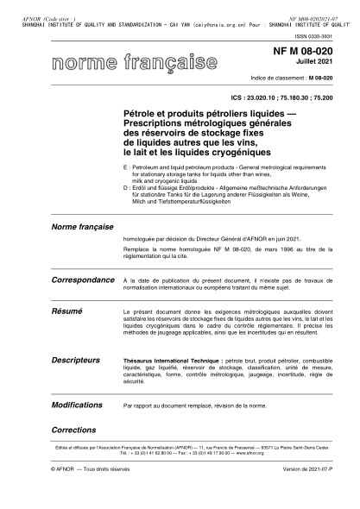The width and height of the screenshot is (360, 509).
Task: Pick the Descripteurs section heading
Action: (x=76, y=358)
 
